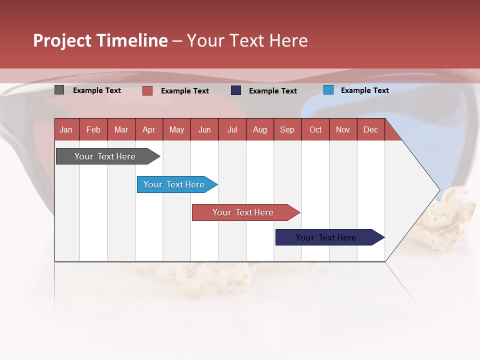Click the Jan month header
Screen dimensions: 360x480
click(66, 129)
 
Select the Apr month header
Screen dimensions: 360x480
click(149, 129)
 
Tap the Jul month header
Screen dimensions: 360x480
click(232, 129)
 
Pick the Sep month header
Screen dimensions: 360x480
click(287, 129)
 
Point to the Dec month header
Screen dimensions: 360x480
click(370, 129)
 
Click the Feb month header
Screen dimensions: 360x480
click(93, 129)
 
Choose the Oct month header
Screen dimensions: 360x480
click(315, 129)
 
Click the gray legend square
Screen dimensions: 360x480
click(59, 90)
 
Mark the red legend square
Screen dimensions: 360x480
click(147, 90)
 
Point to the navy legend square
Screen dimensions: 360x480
click(236, 90)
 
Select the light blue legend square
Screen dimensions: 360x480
click(328, 90)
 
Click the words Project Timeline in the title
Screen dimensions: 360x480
click(100, 40)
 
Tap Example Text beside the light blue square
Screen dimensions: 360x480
click(364, 90)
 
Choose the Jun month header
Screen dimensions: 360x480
click(204, 129)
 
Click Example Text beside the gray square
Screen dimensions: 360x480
click(96, 90)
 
